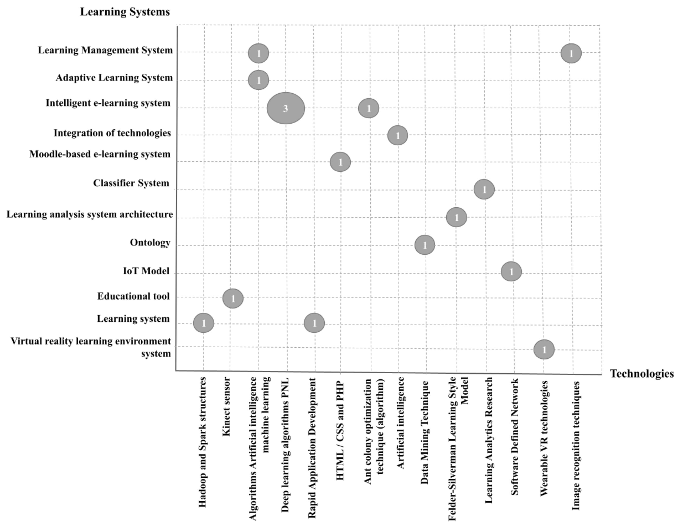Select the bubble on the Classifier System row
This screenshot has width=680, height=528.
point(484,189)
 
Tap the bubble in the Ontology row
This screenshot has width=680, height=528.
point(425,245)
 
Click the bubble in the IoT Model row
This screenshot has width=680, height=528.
point(511,271)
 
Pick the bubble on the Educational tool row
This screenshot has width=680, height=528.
point(233,298)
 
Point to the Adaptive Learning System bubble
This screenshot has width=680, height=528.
point(258,80)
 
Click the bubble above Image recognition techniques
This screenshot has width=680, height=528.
point(571,53)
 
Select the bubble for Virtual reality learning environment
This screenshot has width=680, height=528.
point(544,349)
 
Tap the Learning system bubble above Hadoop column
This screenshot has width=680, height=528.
point(204,323)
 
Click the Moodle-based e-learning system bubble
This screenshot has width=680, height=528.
point(340,162)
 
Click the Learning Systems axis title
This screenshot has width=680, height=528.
point(125,12)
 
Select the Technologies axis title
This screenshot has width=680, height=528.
point(641,373)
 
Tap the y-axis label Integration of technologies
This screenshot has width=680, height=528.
point(112,133)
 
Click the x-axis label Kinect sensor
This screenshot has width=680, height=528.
point(226,406)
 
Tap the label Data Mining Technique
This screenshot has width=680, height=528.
point(425,432)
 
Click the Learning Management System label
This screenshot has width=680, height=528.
point(105,50)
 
